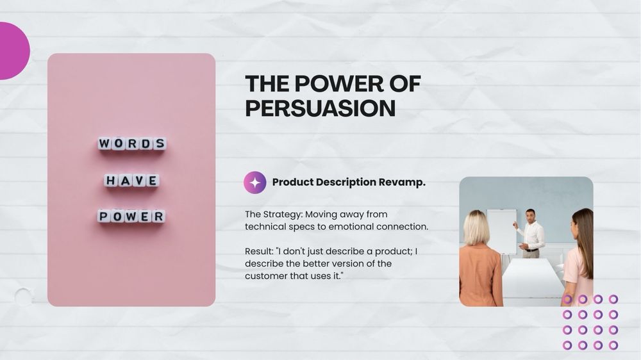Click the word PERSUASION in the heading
coord(320,108)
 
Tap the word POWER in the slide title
coord(339,83)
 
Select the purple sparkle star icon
coord(255,183)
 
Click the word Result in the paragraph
coord(259,251)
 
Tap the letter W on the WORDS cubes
coord(104,143)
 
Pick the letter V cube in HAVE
coord(139,180)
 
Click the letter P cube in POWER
coord(104,216)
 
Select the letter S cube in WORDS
coord(160,143)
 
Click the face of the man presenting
coord(530,215)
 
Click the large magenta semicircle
coord(14,51)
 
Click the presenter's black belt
coord(531,250)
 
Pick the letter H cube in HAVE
coord(110,180)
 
